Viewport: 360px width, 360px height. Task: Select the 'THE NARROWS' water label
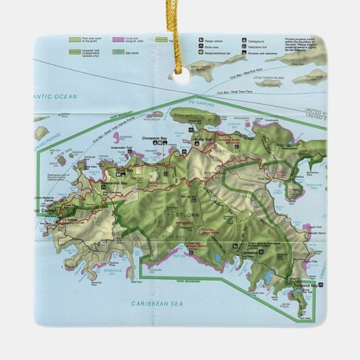[200, 103]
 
